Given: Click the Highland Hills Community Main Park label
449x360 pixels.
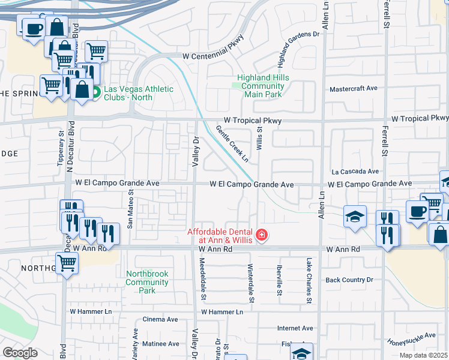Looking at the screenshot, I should pos(263,86).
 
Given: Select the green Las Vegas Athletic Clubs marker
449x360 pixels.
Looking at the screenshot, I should pos(95,93).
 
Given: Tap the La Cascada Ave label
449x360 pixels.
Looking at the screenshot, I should pos(355,171).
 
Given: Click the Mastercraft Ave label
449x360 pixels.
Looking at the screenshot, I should pos(354,89).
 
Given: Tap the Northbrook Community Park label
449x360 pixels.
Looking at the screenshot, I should pos(147,282).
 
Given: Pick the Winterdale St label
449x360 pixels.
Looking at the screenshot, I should pos(250,281).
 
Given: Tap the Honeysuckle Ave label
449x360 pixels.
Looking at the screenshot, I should pos(411,340).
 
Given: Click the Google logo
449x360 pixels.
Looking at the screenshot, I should pos(20,352).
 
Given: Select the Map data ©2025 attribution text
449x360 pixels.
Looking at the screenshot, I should pos(423,355).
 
